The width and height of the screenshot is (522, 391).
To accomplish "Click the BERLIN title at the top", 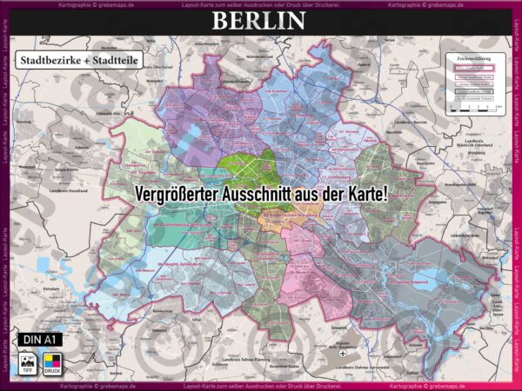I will [x=261, y=22].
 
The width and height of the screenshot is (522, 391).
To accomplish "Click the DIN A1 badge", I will [x=38, y=338].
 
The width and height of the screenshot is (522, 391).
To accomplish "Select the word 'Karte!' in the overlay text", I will [x=364, y=194].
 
